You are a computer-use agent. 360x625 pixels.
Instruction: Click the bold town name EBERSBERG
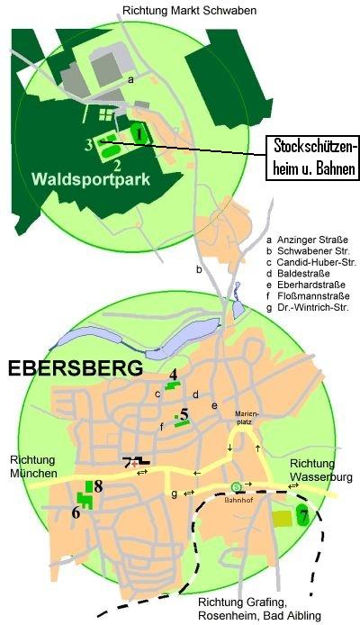76,369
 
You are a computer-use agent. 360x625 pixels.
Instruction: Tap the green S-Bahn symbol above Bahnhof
236,487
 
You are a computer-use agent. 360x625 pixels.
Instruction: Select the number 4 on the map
174,375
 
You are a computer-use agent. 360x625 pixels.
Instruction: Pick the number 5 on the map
184,415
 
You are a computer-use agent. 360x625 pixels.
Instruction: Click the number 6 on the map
76,514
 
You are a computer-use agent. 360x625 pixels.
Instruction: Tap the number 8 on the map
98,487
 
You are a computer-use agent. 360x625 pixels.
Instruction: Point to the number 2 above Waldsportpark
117,165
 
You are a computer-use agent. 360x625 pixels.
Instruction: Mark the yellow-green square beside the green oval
283,518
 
